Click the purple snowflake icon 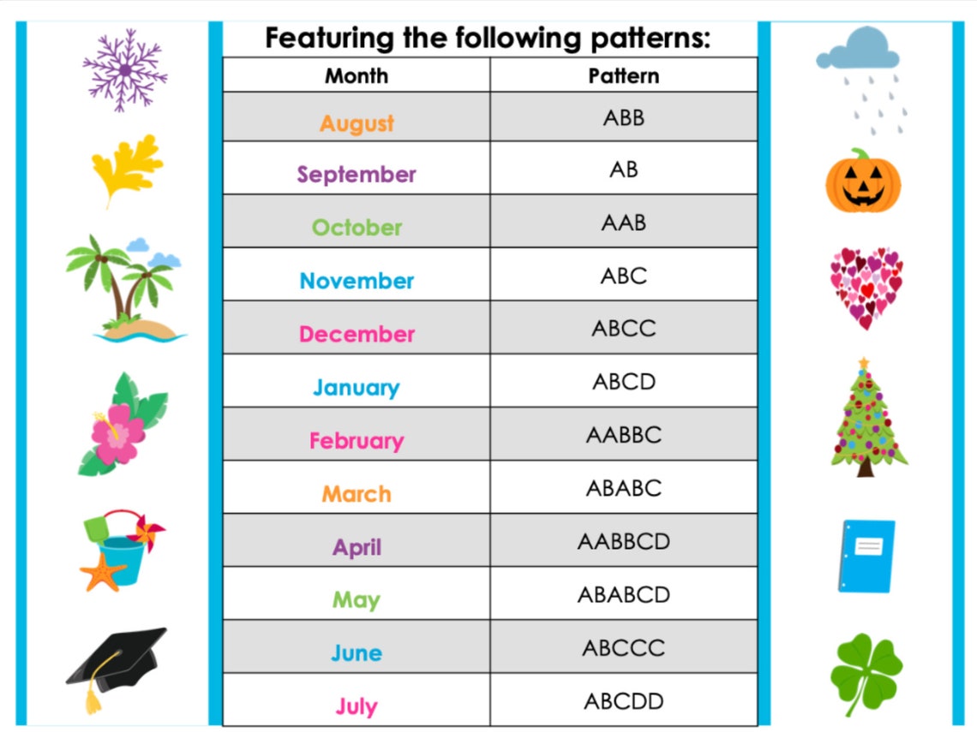125,69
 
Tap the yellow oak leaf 128,168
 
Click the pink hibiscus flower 119,431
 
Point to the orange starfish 104,571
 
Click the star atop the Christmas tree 863,363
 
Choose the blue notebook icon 866,556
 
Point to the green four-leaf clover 866,672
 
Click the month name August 357,123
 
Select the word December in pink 357,334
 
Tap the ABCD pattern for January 623,381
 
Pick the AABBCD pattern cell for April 623,541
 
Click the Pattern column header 623,75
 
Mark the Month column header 357,75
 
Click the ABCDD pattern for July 623,701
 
